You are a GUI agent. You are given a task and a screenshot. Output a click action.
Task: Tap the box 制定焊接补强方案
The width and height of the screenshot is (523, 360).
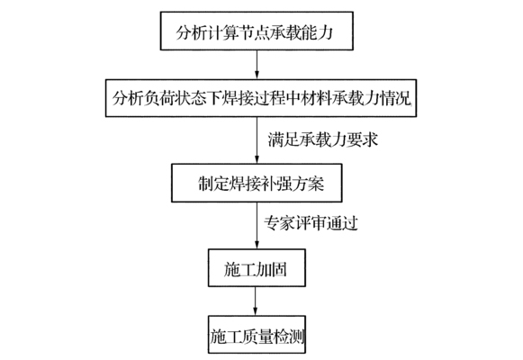[258, 184]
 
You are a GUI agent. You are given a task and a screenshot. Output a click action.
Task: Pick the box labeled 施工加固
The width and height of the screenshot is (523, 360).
[259, 268]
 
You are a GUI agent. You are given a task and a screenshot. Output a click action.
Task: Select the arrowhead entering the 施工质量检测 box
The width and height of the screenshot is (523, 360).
[259, 315]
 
